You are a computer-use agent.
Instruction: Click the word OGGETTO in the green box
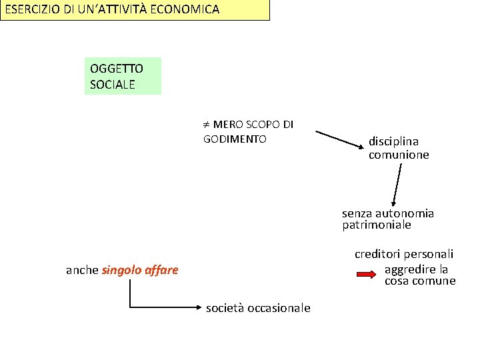click(x=117, y=69)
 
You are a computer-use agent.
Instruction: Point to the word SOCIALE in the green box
click(x=113, y=85)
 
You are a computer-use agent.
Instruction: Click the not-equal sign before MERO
click(x=207, y=125)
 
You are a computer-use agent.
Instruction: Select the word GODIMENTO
click(x=235, y=139)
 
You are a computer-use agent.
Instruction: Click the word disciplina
click(x=394, y=141)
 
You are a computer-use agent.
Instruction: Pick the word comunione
click(x=399, y=155)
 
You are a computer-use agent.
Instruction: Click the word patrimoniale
click(x=377, y=225)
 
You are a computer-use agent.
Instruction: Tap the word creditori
click(x=378, y=254)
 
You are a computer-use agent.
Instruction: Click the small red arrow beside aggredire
click(x=367, y=274)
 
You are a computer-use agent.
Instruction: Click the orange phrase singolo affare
click(x=140, y=270)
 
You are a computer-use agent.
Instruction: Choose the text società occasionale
click(x=258, y=308)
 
